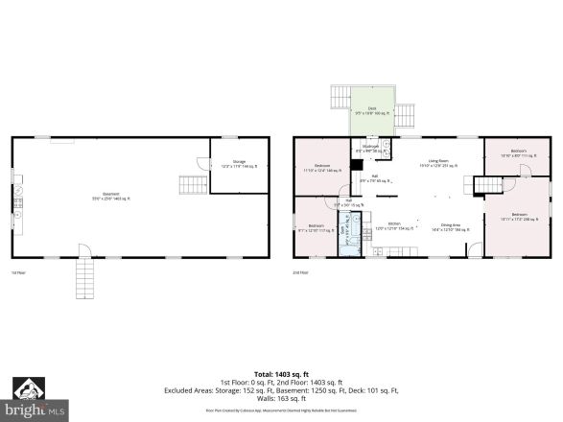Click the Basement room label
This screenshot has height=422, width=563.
pyautogui.click(x=110, y=199)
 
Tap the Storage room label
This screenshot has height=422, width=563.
pyautogui.click(x=239, y=166)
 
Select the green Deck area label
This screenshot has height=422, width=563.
pyautogui.click(x=372, y=110)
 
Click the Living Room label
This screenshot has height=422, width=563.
pyautogui.click(x=436, y=165)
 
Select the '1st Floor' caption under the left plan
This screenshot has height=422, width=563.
pyautogui.click(x=18, y=273)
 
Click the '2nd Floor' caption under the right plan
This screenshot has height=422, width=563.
pyautogui.click(x=301, y=273)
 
